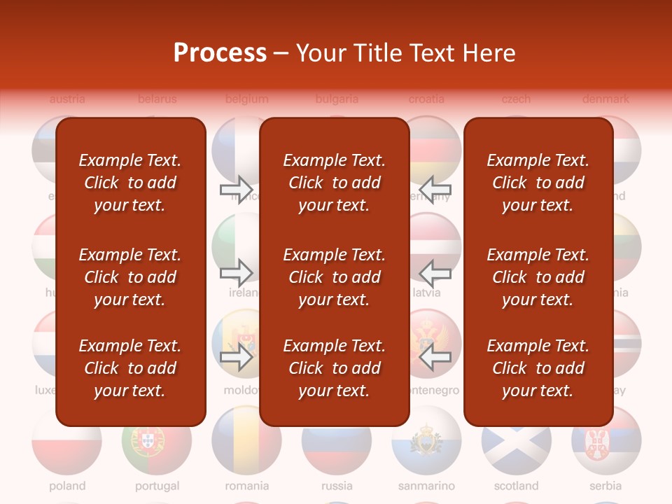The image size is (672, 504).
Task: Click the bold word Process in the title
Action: pyautogui.click(x=220, y=53)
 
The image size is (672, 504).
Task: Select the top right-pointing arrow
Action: pyautogui.click(x=236, y=189)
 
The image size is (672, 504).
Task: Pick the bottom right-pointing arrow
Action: pyautogui.click(x=236, y=358)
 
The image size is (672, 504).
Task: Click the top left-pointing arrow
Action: pyautogui.click(x=435, y=189)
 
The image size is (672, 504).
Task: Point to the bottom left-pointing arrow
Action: pyautogui.click(x=435, y=358)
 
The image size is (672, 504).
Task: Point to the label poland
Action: pyautogui.click(x=67, y=486)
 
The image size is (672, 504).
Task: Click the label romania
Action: pyautogui.click(x=246, y=486)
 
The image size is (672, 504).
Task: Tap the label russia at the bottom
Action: pyautogui.click(x=336, y=486)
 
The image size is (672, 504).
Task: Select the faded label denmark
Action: pyautogui.click(x=605, y=99)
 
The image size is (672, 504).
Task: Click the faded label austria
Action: pyautogui.click(x=67, y=99)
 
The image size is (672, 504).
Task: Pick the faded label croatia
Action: pyautogui.click(x=426, y=99)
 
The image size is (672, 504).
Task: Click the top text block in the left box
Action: pyautogui.click(x=130, y=183)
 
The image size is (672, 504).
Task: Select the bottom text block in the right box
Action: pyautogui.click(x=538, y=368)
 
